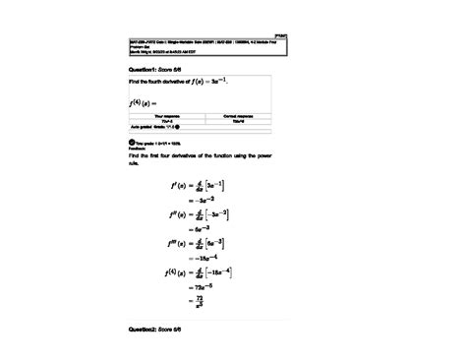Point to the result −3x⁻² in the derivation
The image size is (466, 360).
click(x=203, y=198)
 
